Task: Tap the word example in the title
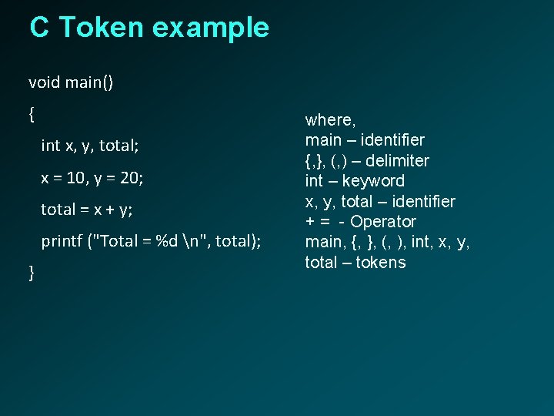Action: point(211,29)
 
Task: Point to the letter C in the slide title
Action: point(39,28)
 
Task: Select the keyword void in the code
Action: point(44,82)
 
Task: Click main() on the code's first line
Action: point(89,82)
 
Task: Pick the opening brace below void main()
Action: point(32,114)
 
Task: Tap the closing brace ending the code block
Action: point(32,272)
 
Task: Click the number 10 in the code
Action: point(76,177)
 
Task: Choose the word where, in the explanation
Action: point(330,120)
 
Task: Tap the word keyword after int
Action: point(373,181)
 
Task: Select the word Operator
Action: point(383,222)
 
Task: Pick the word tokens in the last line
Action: point(381,263)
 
